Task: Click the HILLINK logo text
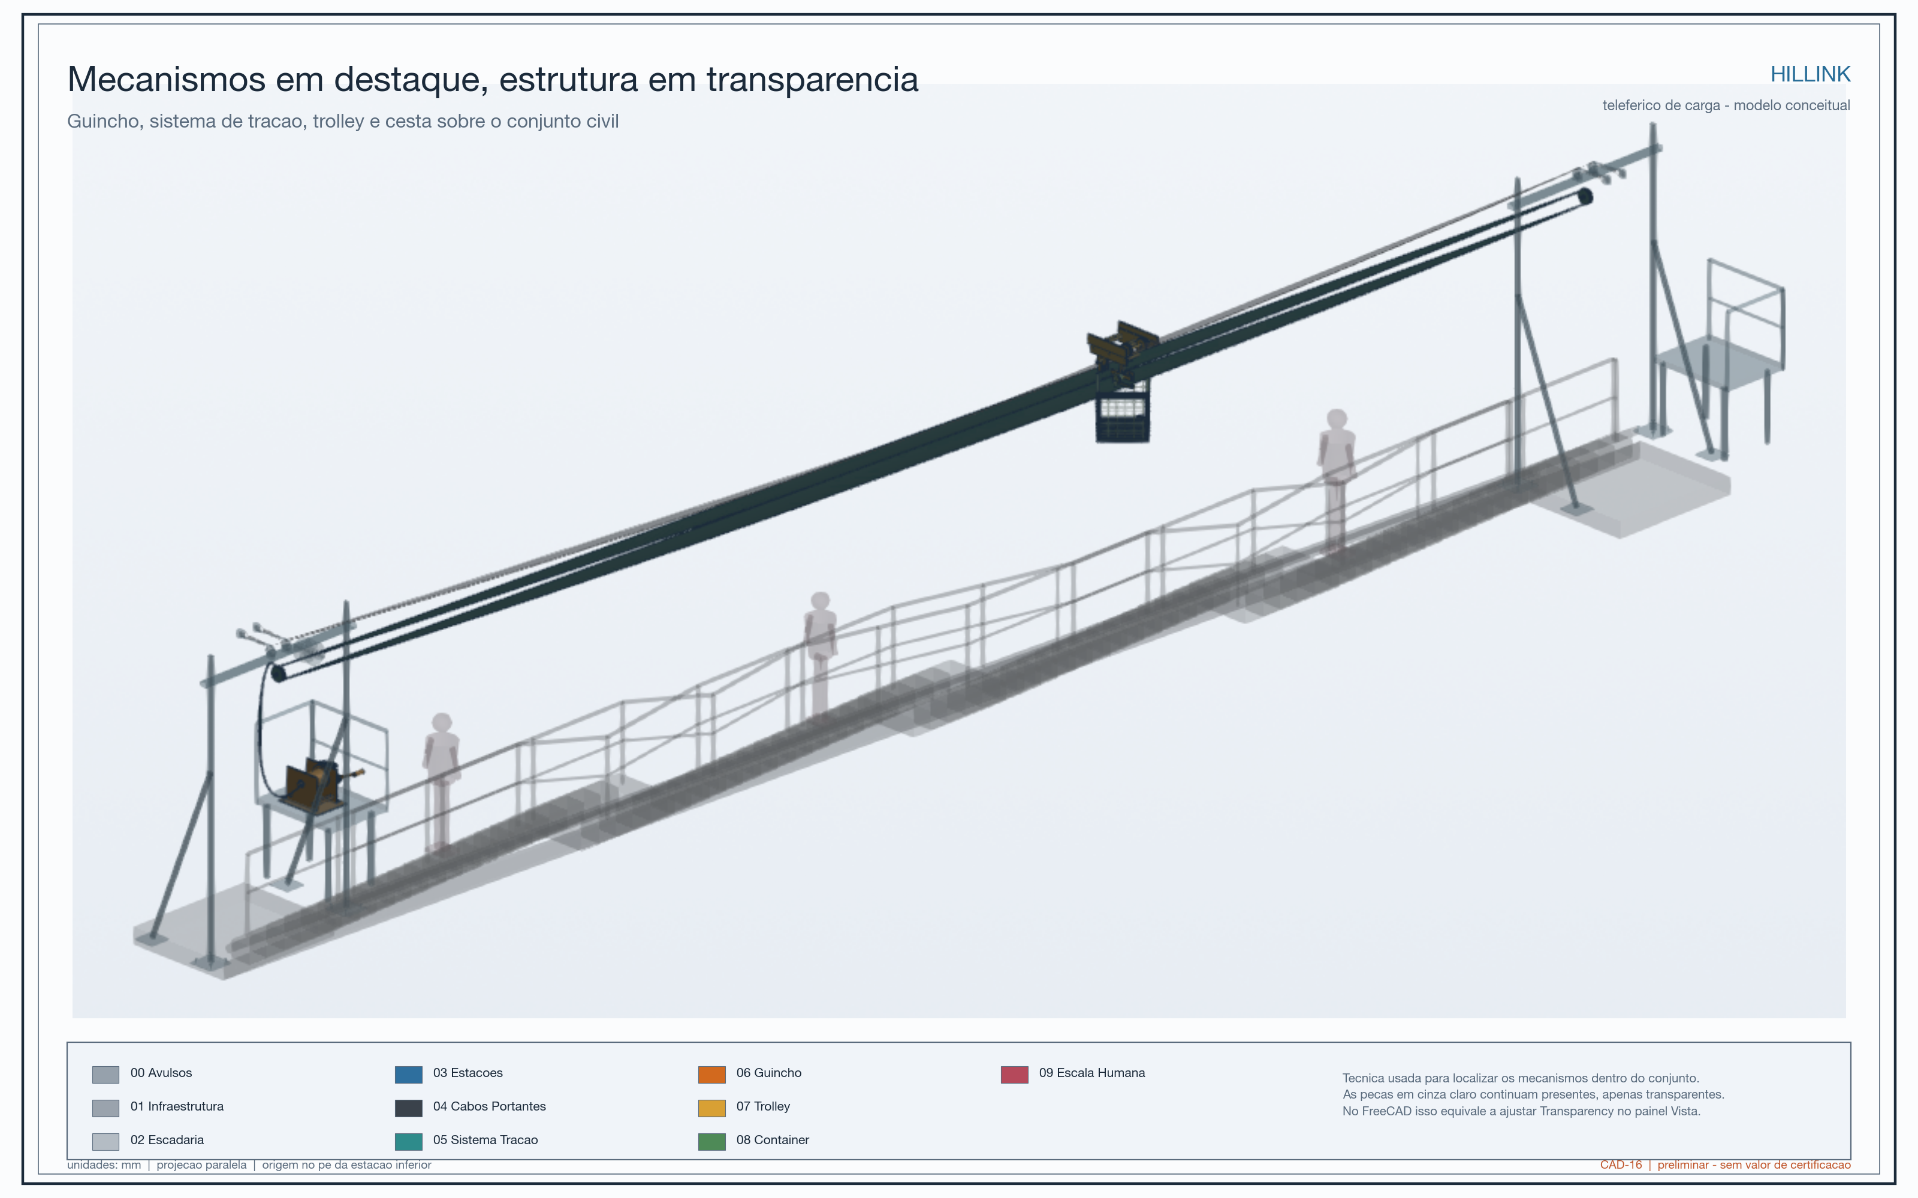tap(1810, 74)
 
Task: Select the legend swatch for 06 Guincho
tap(711, 1075)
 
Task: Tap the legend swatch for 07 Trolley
tap(711, 1108)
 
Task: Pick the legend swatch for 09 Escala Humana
tap(1015, 1075)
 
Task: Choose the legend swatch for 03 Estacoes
tap(409, 1075)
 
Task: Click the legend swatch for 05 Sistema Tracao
tap(409, 1142)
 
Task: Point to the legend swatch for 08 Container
tap(711, 1142)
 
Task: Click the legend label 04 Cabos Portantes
tap(489, 1106)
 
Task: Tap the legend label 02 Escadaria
tap(167, 1139)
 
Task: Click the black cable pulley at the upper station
tap(1585, 196)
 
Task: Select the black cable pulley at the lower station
tap(278, 673)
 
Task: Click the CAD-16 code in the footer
tap(1621, 1164)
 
